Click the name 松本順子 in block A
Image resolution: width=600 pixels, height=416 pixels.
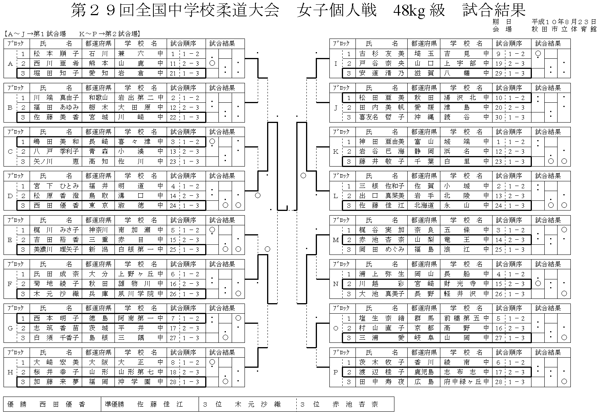coord(56,54)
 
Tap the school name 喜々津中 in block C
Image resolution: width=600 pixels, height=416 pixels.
coord(141,142)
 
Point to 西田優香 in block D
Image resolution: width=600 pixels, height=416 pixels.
coord(56,205)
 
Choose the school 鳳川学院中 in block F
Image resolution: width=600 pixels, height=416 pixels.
coord(141,294)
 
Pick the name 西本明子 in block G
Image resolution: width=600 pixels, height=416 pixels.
coord(56,318)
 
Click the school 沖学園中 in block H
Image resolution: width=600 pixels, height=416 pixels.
coord(141,382)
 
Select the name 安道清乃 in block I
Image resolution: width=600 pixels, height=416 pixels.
coord(382,73)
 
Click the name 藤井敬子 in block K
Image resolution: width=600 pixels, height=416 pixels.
coord(382,161)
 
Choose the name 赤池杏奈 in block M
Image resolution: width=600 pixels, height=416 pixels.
coord(382,240)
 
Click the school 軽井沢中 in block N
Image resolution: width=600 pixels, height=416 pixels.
coord(466,294)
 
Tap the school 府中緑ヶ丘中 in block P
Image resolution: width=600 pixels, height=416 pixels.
coord(466,382)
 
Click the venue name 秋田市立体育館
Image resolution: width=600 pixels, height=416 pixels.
coord(564,29)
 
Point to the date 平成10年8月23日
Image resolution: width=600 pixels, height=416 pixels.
coord(564,22)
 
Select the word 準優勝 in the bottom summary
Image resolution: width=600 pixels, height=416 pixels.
coord(114,404)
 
